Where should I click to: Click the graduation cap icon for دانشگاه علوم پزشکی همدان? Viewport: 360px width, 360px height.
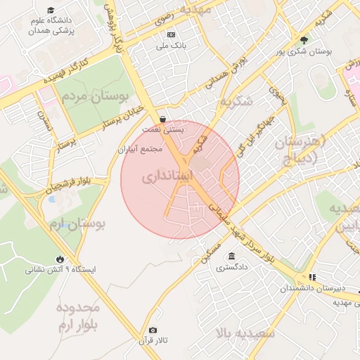51,11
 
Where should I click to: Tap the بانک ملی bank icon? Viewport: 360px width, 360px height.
171,34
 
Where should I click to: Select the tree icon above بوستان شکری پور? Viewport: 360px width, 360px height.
304,40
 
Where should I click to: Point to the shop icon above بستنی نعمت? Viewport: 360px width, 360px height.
163,119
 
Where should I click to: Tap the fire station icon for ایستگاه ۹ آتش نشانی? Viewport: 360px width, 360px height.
60,258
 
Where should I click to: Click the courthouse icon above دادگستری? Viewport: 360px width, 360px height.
232,256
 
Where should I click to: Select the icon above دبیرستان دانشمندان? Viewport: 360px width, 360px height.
312,277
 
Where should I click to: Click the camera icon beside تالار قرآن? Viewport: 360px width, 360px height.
153,330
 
